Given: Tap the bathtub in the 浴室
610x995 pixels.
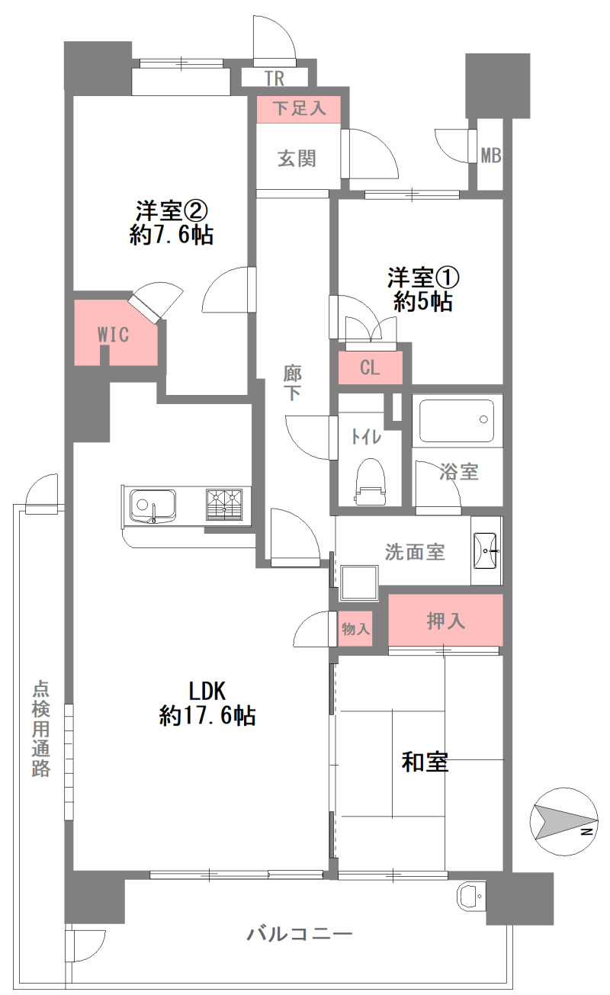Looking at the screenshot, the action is (x=456, y=421).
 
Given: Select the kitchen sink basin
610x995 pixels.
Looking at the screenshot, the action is (x=152, y=506).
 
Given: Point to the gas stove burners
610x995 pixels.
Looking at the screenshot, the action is (x=224, y=504).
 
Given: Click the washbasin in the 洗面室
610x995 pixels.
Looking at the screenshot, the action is (x=486, y=550).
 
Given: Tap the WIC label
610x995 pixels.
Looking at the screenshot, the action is (x=114, y=335).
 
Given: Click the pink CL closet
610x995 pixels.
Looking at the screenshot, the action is (x=370, y=368).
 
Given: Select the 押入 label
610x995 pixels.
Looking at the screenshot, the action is (x=445, y=621).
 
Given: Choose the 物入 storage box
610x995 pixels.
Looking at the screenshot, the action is (x=355, y=629).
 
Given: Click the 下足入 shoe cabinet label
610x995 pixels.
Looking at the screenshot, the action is (x=299, y=108).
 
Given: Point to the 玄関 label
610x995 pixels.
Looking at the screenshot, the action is (x=297, y=159).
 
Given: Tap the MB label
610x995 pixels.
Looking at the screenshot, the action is (x=491, y=156).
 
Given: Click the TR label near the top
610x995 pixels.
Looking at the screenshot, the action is (x=275, y=79).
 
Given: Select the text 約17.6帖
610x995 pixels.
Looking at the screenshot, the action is (x=207, y=716).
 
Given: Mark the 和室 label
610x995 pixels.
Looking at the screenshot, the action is (x=425, y=762).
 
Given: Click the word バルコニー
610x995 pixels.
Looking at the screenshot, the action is (x=300, y=934).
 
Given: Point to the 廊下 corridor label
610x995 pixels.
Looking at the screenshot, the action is (x=292, y=384).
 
